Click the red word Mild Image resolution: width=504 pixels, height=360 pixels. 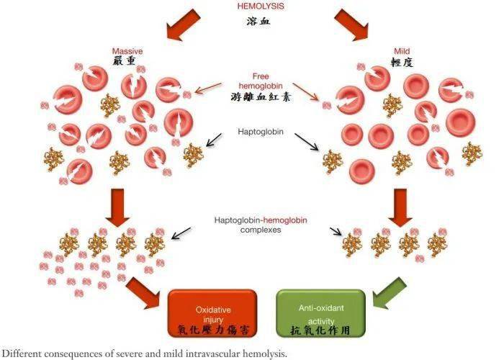(402, 51)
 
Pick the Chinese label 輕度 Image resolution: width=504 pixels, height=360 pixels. (402, 63)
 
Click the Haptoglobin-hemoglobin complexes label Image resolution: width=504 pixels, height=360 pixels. (262, 225)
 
